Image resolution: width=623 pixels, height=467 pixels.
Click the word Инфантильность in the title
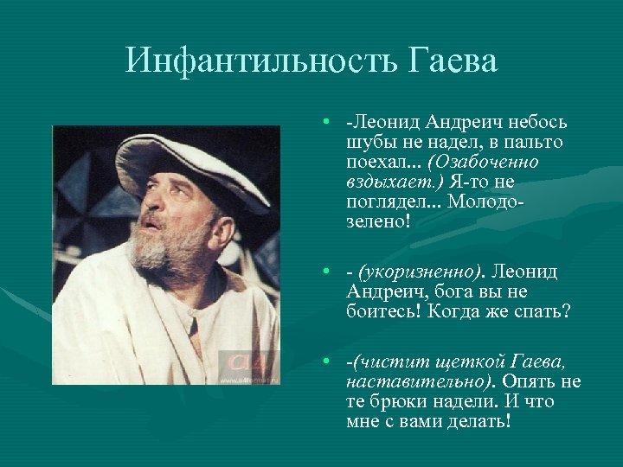point(257,61)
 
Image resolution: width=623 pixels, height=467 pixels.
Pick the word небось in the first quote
point(534,123)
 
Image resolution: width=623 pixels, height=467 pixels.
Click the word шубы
point(367,143)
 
